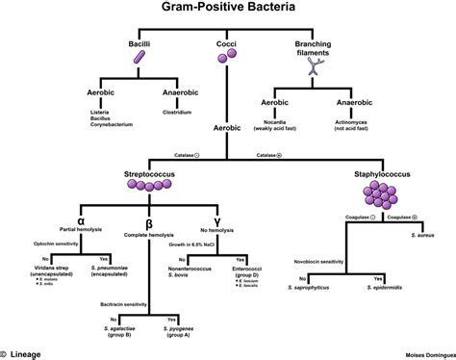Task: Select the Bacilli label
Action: (140, 45)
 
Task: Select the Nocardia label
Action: (278, 120)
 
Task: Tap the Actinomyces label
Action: (352, 120)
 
